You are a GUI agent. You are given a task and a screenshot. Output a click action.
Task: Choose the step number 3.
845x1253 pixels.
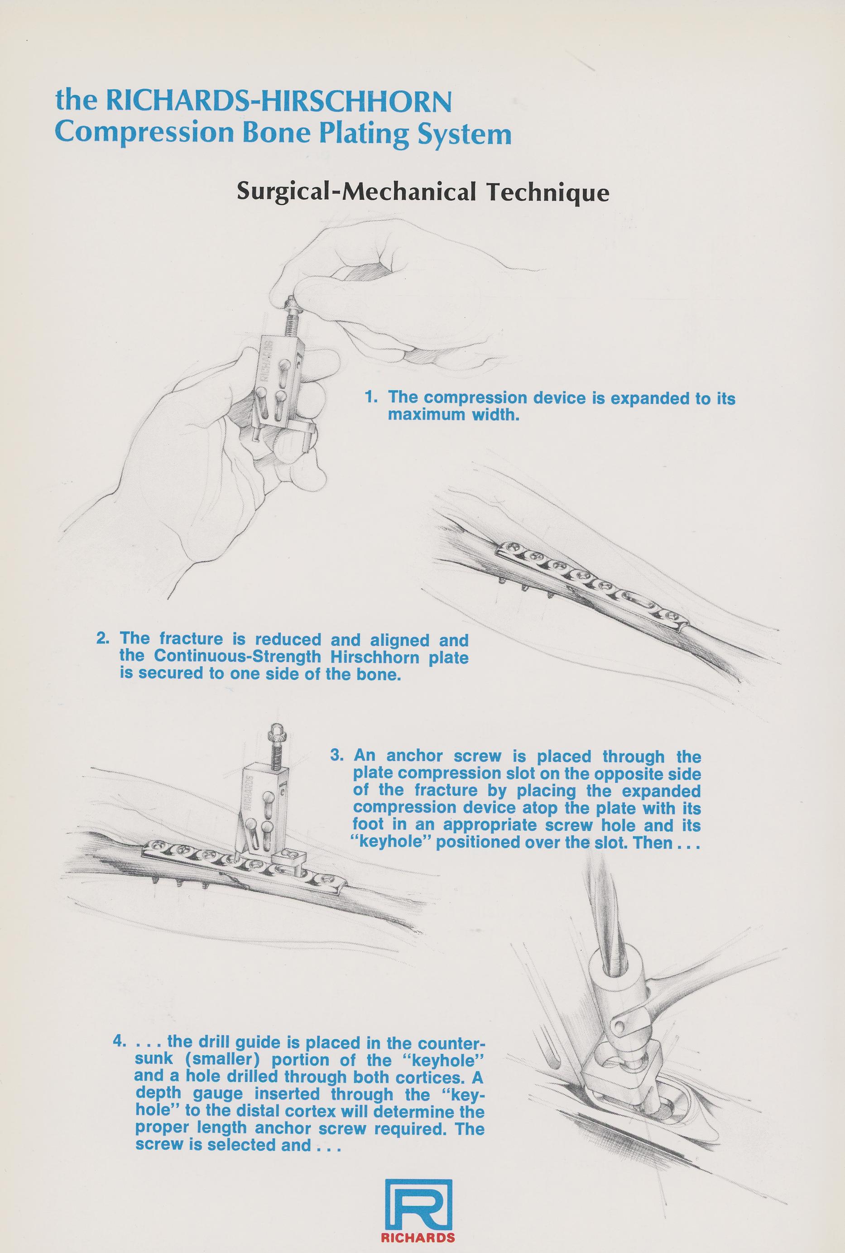tap(337, 756)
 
